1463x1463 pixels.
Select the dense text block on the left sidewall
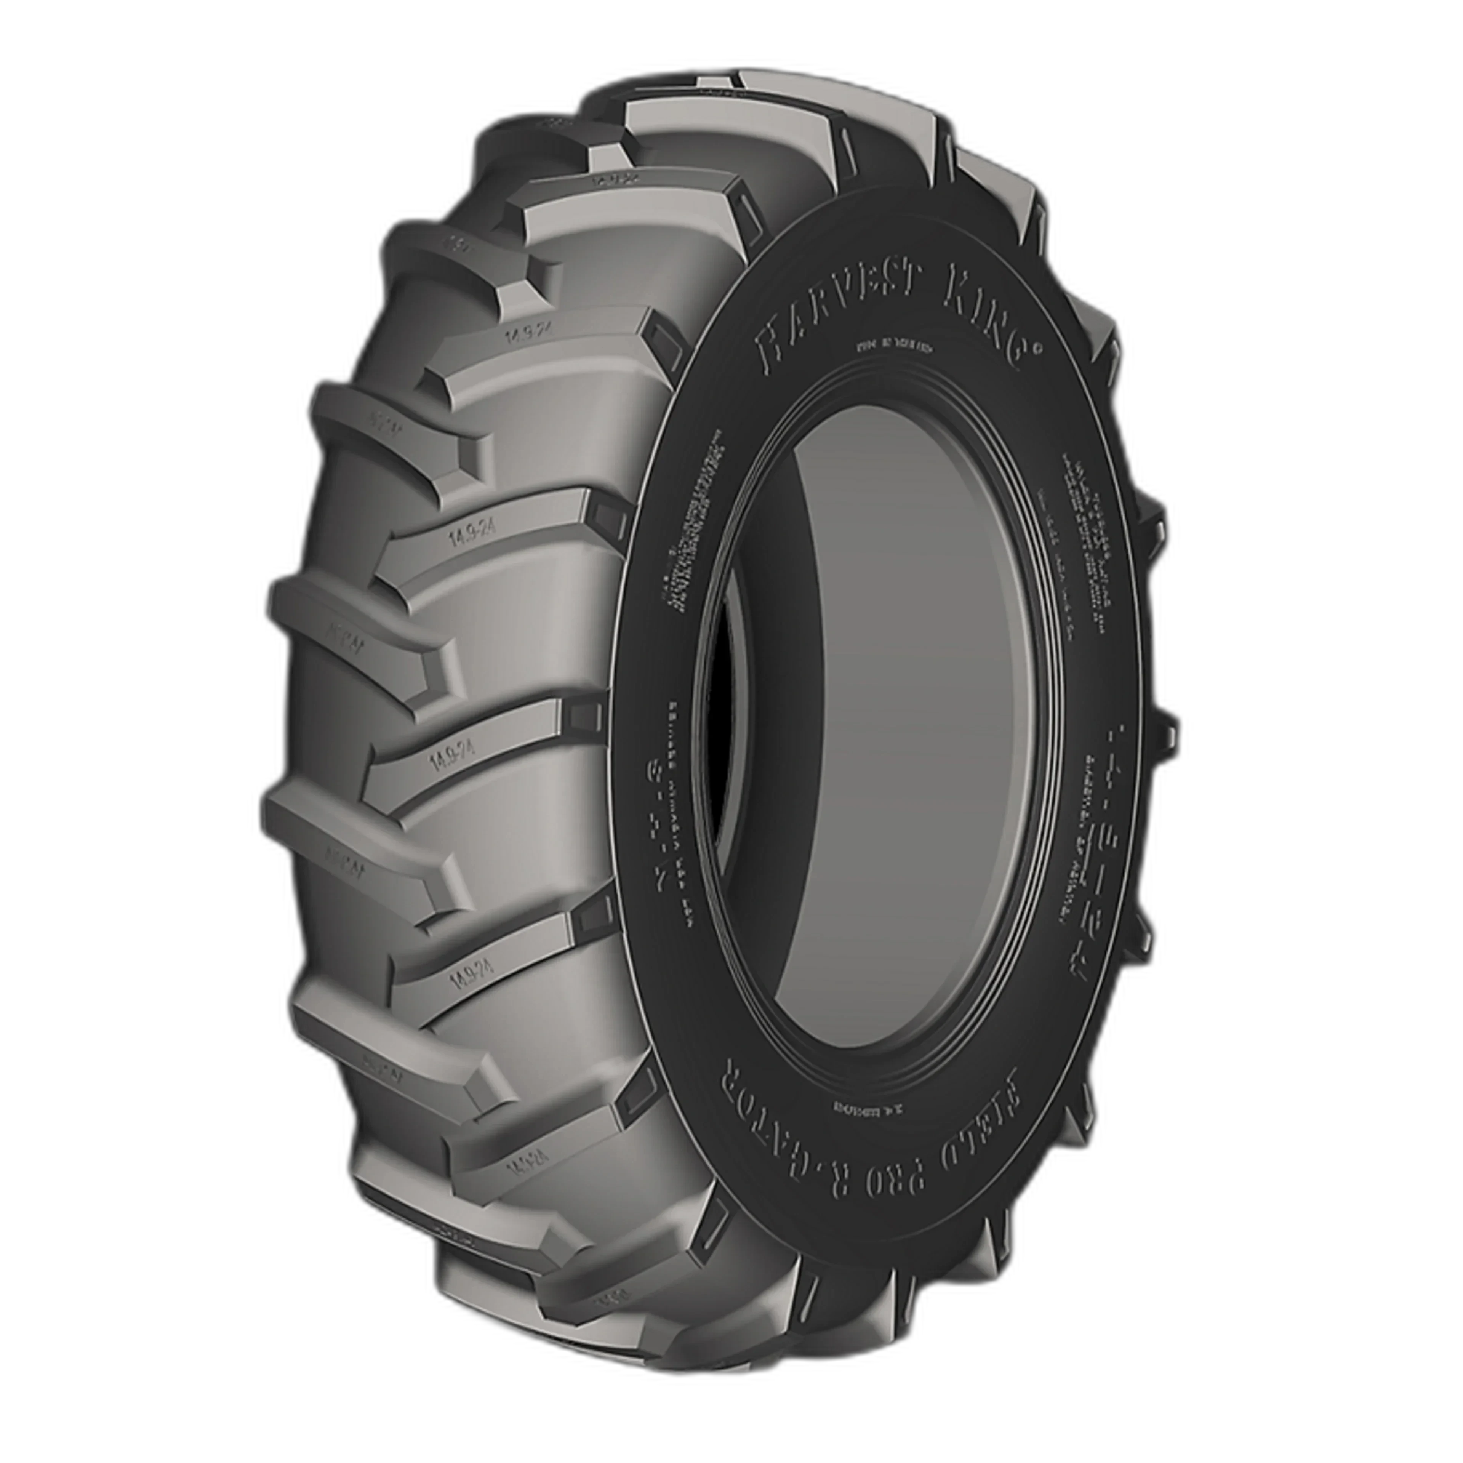[689, 522]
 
